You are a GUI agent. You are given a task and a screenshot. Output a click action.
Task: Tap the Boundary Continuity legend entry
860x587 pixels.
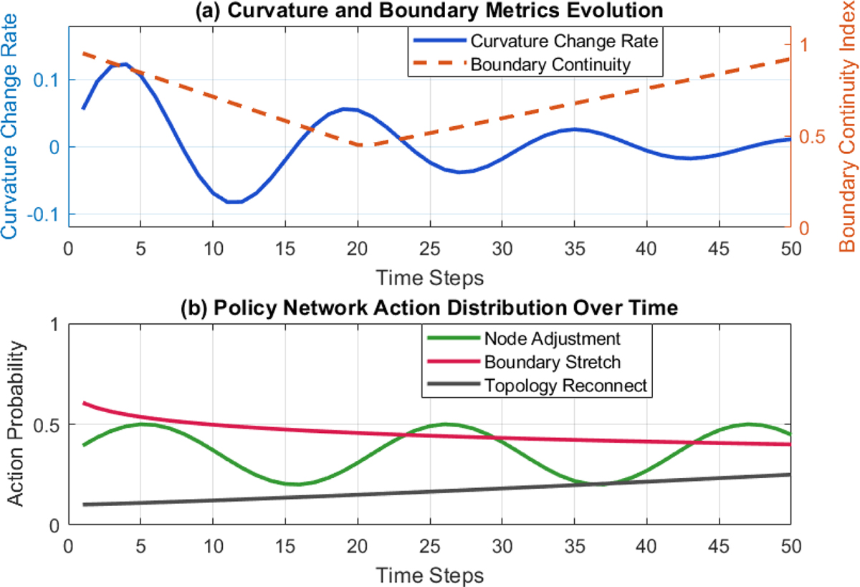point(550,65)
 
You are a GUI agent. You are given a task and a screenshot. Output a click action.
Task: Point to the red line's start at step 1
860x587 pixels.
point(84,404)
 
